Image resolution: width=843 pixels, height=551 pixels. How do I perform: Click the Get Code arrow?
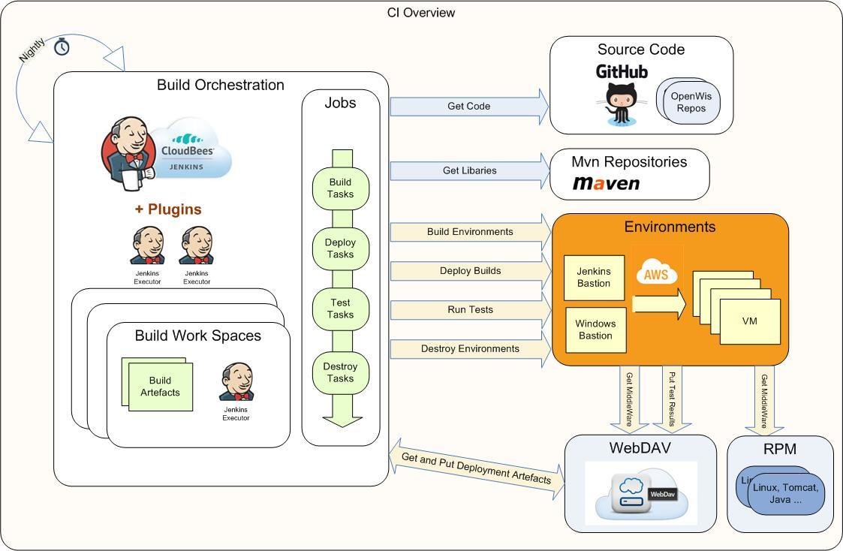pyautogui.click(x=469, y=107)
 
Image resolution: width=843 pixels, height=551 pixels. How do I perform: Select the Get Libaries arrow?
pyautogui.click(x=469, y=170)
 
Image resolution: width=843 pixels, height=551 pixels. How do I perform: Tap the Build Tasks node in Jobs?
pyautogui.click(x=340, y=188)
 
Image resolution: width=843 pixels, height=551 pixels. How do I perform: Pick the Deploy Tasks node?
pyautogui.click(x=340, y=248)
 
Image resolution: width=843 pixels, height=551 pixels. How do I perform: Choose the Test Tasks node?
pyautogui.click(x=340, y=309)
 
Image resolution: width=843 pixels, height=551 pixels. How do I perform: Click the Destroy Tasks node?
pyautogui.click(x=340, y=372)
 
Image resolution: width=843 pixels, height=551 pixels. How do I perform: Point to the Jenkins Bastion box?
pyautogui.click(x=594, y=277)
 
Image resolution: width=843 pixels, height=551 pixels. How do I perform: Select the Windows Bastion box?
pyautogui.click(x=595, y=330)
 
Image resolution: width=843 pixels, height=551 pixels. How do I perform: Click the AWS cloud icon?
pyautogui.click(x=656, y=274)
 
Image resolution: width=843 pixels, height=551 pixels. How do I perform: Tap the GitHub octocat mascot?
pyautogui.click(x=621, y=103)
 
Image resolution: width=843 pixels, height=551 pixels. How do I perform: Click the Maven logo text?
pyautogui.click(x=607, y=183)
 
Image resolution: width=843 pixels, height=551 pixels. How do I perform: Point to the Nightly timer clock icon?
pyautogui.click(x=62, y=47)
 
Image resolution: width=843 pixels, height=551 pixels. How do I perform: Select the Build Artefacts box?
pyautogui.click(x=159, y=387)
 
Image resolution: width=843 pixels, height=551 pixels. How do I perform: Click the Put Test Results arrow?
pyautogui.click(x=671, y=399)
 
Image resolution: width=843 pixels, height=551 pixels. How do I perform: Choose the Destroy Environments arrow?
pyautogui.click(x=469, y=349)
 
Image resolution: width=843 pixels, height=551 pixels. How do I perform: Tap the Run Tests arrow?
pyautogui.click(x=469, y=309)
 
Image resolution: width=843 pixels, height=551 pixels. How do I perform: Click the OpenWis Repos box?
pyautogui.click(x=691, y=102)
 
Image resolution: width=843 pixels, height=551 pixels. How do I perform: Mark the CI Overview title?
pyautogui.click(x=421, y=12)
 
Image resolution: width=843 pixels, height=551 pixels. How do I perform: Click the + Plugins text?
pyautogui.click(x=168, y=209)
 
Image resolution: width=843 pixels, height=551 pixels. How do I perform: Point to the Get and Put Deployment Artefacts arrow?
pyautogui.click(x=477, y=468)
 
